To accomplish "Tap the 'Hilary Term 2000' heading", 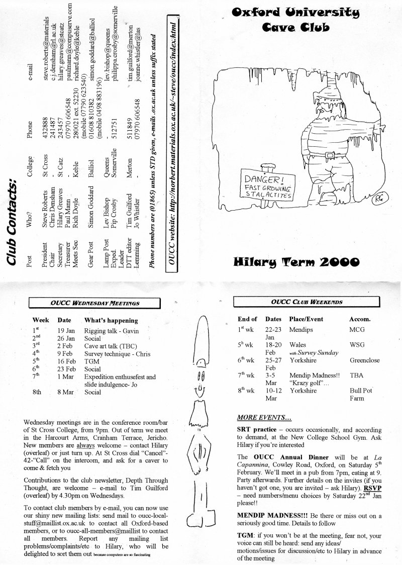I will point(296,261).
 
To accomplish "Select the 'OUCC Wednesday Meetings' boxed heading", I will point(95,303).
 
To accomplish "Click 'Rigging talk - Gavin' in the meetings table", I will point(111,331).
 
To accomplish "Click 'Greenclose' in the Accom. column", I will point(364,360).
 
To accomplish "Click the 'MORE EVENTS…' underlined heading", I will point(263,417).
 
